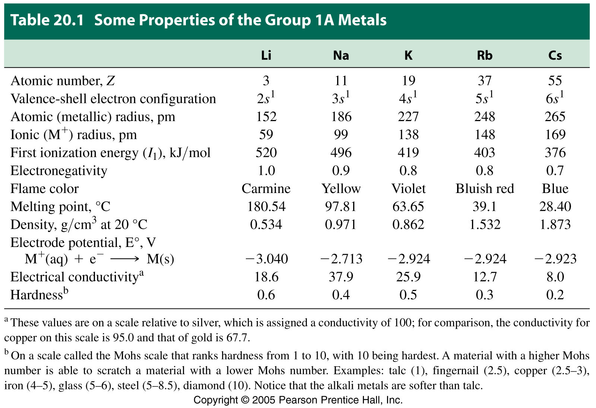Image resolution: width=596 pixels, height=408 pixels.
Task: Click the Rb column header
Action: point(485,56)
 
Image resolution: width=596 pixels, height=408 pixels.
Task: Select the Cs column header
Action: point(555,56)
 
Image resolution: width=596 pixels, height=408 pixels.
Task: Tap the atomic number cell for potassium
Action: point(408,80)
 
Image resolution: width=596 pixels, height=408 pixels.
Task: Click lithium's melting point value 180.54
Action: point(266,206)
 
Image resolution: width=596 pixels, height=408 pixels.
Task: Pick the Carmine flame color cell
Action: point(266,189)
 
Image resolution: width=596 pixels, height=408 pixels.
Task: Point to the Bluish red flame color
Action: point(485,189)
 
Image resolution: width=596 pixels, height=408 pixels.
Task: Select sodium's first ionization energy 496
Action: point(341,152)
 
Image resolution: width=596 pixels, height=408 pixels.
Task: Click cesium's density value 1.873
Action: point(555,224)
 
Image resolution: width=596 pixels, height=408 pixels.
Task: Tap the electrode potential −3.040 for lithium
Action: point(266,259)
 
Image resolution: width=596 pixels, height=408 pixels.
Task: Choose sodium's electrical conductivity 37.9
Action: point(341,277)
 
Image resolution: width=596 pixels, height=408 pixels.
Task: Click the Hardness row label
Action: point(39,294)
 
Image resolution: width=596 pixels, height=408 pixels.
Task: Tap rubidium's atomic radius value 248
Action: point(485,117)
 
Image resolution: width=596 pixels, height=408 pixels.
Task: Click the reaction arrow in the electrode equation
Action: point(124,259)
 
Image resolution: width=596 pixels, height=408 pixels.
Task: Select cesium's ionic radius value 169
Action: point(555,135)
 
